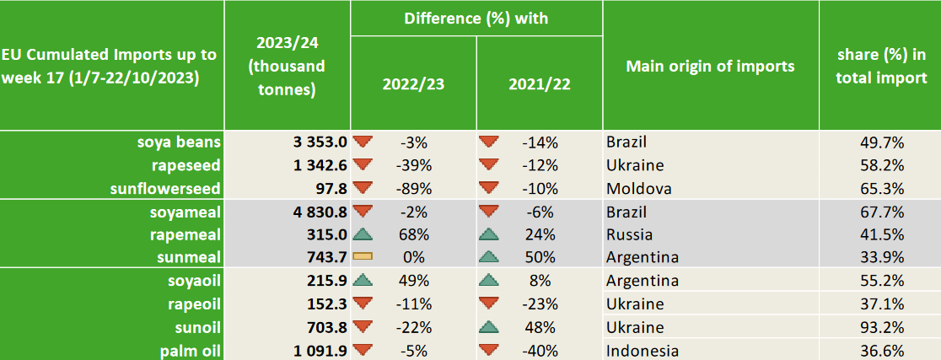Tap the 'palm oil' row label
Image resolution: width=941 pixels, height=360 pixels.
point(189,350)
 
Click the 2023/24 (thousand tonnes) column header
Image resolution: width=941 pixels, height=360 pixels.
point(287,66)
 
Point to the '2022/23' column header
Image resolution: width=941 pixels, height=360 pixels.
point(412,84)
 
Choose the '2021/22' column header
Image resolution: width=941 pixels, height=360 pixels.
point(539,84)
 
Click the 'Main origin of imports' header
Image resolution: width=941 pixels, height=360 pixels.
point(710,67)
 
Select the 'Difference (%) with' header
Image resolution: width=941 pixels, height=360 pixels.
point(476,18)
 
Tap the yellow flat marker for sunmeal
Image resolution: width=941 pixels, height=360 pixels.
point(363,257)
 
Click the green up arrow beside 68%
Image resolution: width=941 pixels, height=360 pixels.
point(363,234)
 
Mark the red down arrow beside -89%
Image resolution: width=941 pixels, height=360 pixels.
point(363,187)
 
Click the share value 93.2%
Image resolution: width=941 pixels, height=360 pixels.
point(879,327)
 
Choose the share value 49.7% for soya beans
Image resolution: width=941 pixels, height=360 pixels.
point(879,142)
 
